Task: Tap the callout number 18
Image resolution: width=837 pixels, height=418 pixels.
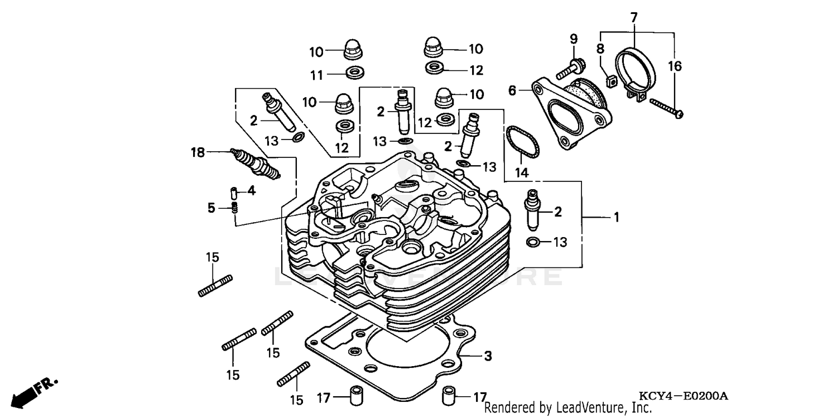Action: coord(198,152)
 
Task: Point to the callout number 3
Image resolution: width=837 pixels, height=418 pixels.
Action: coord(487,355)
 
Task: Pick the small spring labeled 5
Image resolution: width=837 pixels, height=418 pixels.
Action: coord(235,209)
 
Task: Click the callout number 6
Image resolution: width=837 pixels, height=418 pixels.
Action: coord(513,90)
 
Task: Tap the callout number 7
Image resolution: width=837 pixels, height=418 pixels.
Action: coord(634,18)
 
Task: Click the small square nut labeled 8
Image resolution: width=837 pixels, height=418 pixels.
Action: coord(610,81)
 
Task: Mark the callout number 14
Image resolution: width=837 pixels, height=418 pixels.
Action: coord(521,172)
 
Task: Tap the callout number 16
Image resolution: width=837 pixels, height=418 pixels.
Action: coord(675,67)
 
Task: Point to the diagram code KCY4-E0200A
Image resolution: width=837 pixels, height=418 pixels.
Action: coord(684,396)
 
